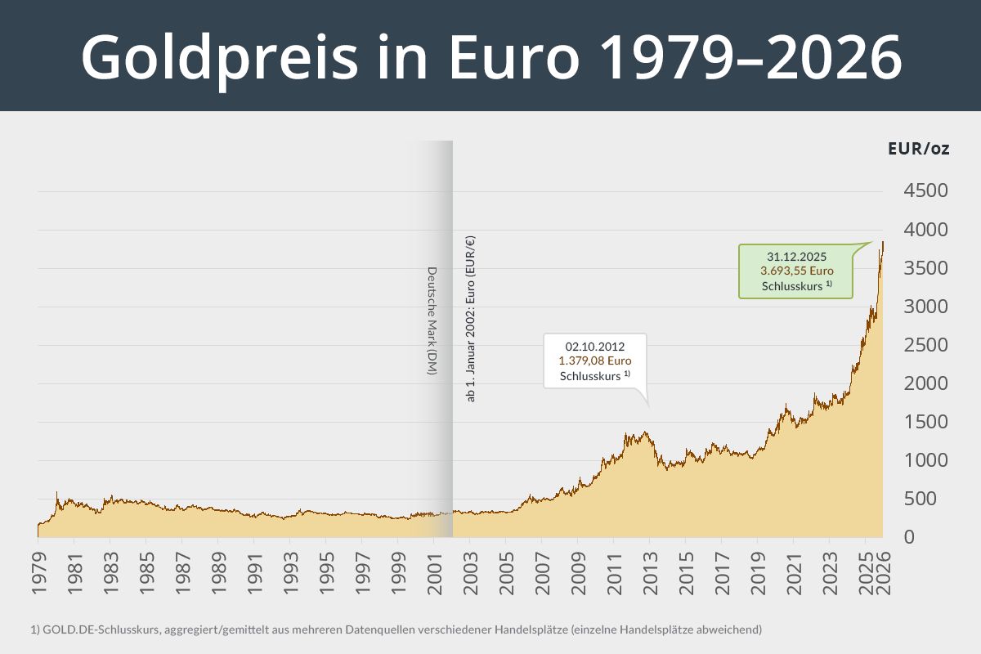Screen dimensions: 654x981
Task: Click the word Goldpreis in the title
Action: (218, 57)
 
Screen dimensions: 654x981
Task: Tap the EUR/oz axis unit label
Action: (918, 150)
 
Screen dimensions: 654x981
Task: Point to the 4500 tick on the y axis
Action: (925, 191)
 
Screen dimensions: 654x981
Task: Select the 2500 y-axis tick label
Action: (925, 345)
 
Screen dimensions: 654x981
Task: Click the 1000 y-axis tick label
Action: (925, 460)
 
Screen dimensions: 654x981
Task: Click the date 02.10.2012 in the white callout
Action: (594, 346)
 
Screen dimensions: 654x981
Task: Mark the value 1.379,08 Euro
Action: (594, 361)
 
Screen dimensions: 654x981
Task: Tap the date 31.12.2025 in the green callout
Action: (796, 256)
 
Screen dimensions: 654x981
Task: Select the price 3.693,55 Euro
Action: (796, 271)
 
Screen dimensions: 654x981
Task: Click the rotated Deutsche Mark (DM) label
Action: (432, 321)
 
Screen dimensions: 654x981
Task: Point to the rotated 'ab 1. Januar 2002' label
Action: (470, 319)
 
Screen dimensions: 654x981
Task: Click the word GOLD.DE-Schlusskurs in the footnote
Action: (84, 629)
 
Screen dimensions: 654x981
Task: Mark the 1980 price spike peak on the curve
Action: (56, 492)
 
